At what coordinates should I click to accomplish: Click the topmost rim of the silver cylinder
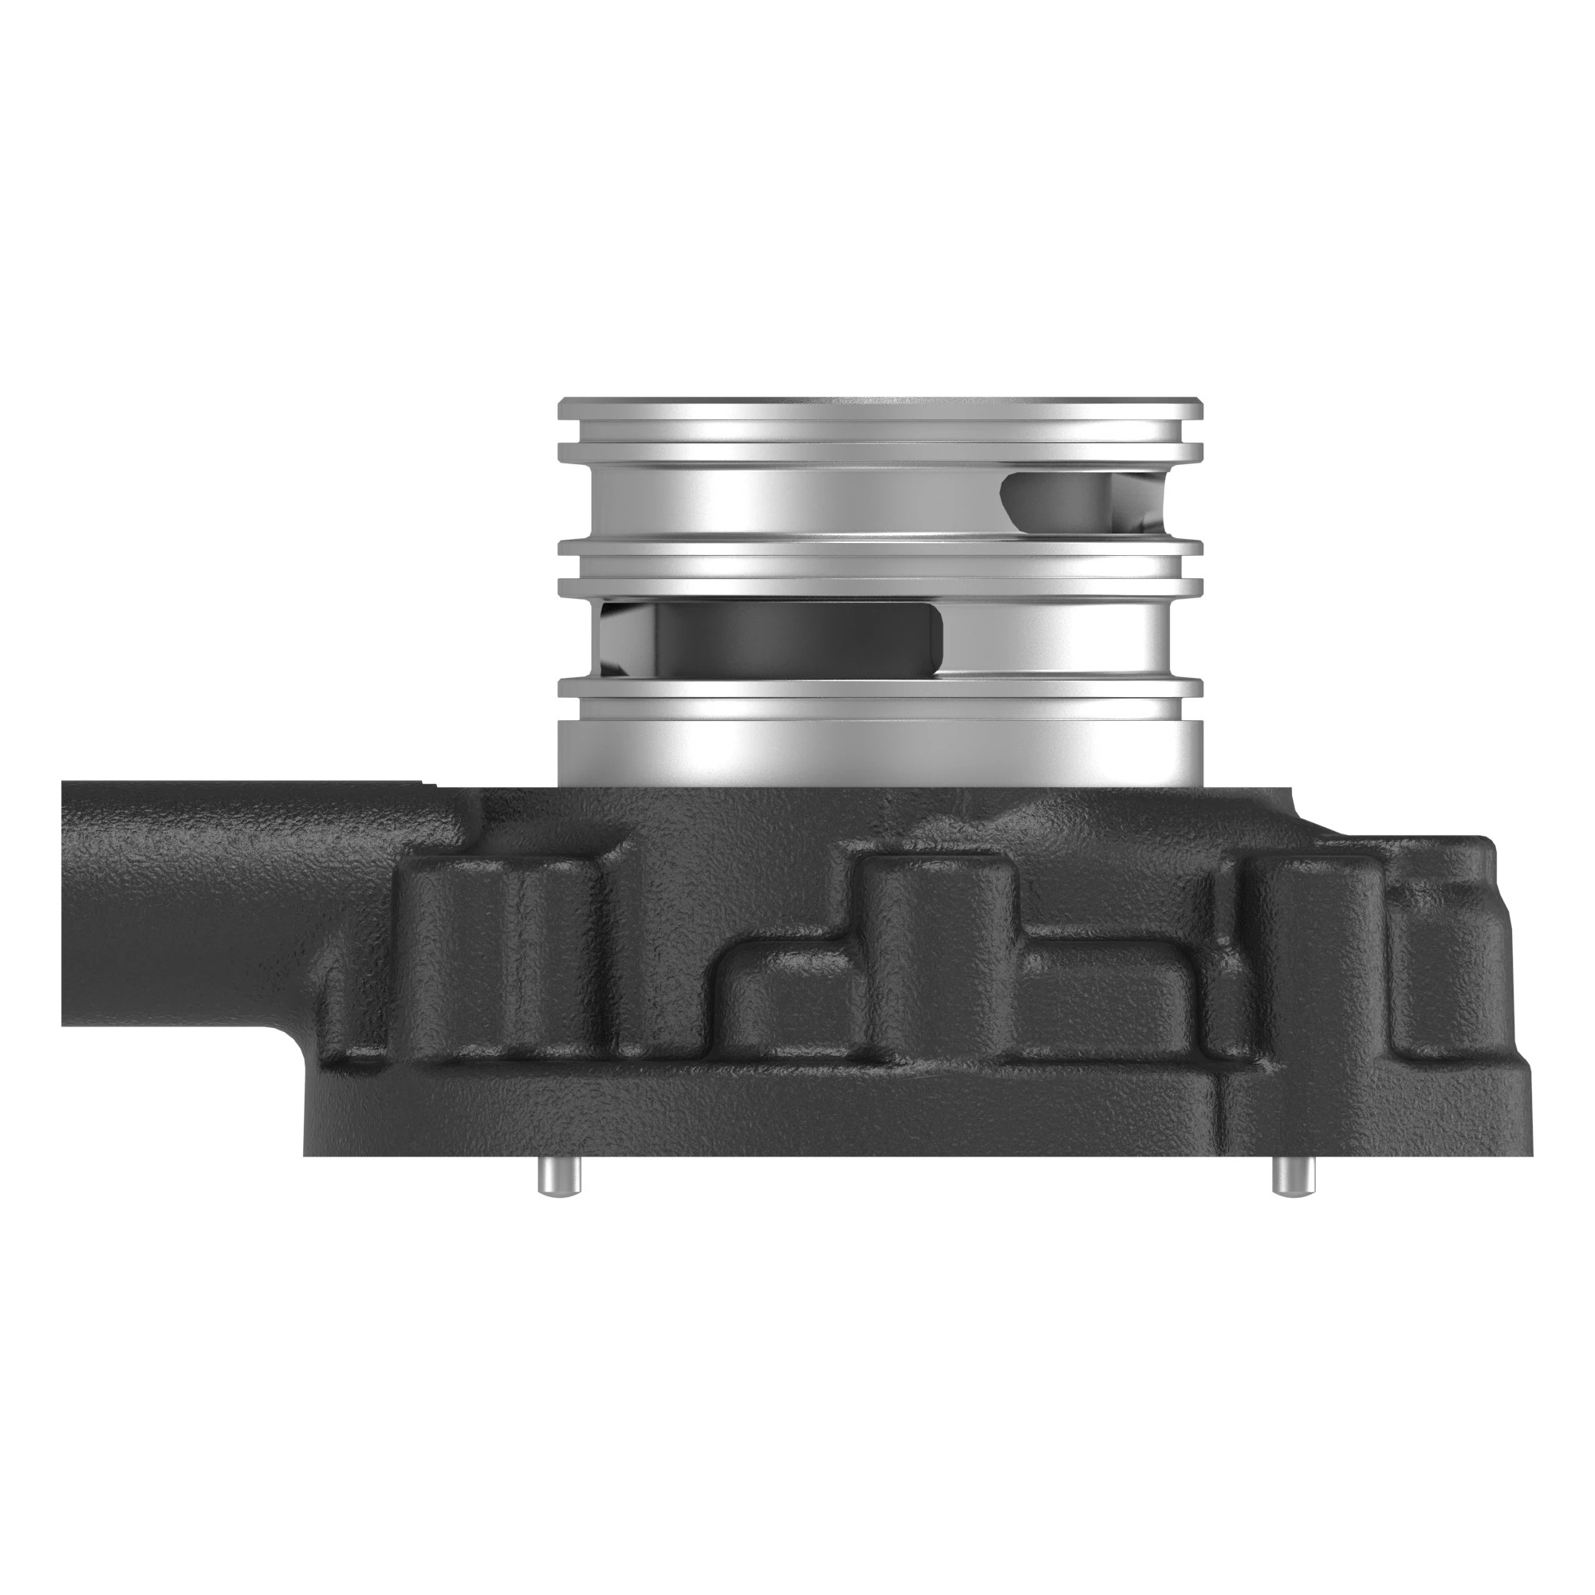click(x=880, y=408)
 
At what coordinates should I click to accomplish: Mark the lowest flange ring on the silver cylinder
click(x=880, y=688)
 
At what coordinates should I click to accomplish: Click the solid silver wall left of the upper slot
click(x=784, y=501)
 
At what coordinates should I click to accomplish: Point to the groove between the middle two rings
click(x=880, y=569)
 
